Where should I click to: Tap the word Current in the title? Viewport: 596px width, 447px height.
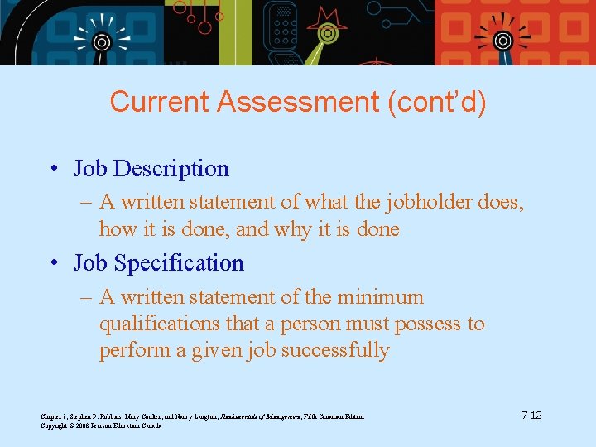coord(159,103)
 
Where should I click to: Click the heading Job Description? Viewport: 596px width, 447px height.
coord(151,169)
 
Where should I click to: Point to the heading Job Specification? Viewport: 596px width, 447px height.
coord(158,263)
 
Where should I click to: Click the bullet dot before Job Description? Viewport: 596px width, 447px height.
coord(52,170)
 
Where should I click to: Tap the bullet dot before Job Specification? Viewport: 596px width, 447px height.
coord(52,264)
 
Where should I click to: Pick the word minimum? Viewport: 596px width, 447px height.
coord(382,297)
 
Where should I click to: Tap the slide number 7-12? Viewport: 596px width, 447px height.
coord(531,414)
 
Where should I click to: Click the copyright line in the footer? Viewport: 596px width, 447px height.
coord(101,425)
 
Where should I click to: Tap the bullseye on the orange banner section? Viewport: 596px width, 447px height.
coord(502,40)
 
